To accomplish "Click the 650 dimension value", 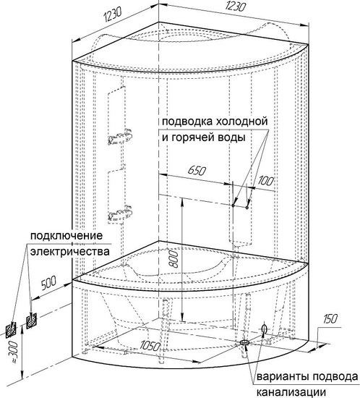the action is click(x=197, y=171).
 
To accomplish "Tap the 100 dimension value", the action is click(x=266, y=181).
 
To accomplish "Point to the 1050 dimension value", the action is click(x=150, y=346).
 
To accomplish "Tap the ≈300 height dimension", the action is click(x=14, y=352).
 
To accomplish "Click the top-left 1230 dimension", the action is click(x=113, y=14).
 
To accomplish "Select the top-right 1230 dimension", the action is click(x=235, y=6).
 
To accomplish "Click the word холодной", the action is click(x=242, y=122).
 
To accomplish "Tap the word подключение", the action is click(x=67, y=236).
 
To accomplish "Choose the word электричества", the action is click(x=70, y=252).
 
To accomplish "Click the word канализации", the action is click(x=291, y=393).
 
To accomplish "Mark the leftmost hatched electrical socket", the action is click(x=11, y=329).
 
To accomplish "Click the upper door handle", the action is click(x=120, y=137).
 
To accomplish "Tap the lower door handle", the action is click(x=120, y=213).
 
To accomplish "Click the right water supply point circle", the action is click(x=247, y=208).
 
